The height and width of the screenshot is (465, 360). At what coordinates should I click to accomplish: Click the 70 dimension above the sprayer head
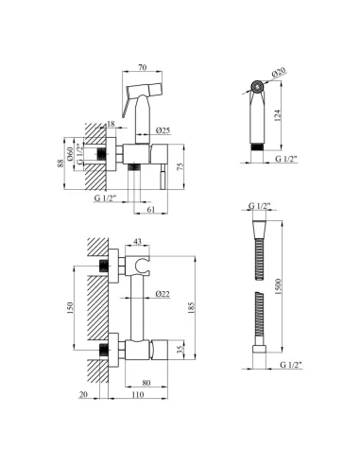[143, 67]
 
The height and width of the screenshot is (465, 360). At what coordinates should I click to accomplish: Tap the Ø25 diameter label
[163, 130]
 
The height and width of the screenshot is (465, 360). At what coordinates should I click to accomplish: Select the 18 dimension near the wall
[111, 124]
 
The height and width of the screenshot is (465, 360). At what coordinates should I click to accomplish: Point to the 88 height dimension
[60, 164]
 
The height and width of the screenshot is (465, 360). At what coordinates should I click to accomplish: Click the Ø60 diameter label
[70, 152]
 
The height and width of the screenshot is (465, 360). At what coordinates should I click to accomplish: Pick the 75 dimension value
[180, 166]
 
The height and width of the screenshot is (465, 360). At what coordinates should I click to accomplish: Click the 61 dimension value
[151, 209]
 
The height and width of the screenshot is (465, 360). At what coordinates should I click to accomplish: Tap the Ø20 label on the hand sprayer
[279, 73]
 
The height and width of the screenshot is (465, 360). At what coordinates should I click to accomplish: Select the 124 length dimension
[278, 115]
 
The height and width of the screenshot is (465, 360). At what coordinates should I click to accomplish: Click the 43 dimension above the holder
[138, 241]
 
